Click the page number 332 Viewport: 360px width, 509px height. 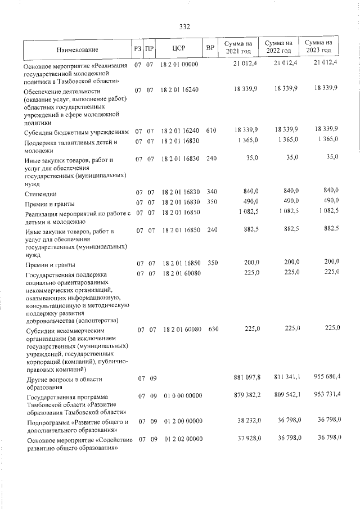184,26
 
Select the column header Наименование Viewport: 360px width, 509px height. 76,50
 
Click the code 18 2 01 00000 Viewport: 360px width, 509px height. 179,65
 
